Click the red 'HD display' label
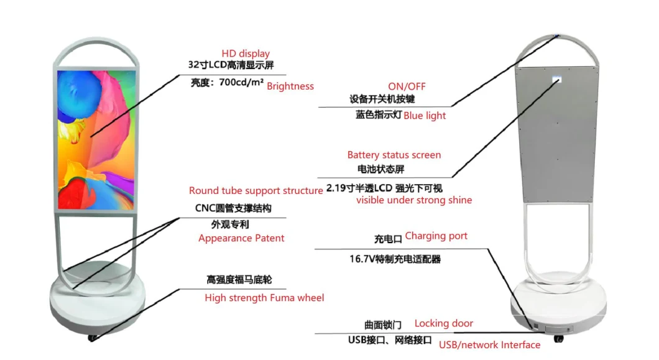click(246, 53)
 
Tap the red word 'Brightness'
click(290, 86)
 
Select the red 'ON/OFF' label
click(407, 86)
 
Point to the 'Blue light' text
click(425, 116)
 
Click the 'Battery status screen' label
click(394, 155)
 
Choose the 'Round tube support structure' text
click(256, 190)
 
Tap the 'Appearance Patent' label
click(241, 238)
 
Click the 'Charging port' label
click(436, 236)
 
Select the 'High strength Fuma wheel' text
click(264, 298)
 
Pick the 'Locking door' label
click(443, 323)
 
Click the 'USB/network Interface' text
click(490, 345)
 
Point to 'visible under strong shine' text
click(414, 200)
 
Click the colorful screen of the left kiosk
click(96, 140)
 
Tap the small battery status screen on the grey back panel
click(557, 79)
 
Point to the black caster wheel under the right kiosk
click(558, 339)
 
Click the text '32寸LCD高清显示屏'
click(231, 65)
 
